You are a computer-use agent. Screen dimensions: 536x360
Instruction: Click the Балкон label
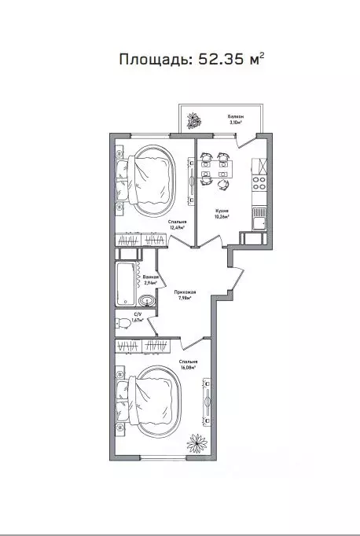click(236, 115)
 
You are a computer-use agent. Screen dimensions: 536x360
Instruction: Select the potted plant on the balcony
click(193, 121)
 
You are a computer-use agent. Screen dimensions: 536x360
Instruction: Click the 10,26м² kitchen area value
click(222, 218)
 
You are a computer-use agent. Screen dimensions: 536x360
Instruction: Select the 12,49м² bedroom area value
click(176, 228)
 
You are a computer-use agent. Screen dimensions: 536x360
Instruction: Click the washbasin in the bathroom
click(146, 301)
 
